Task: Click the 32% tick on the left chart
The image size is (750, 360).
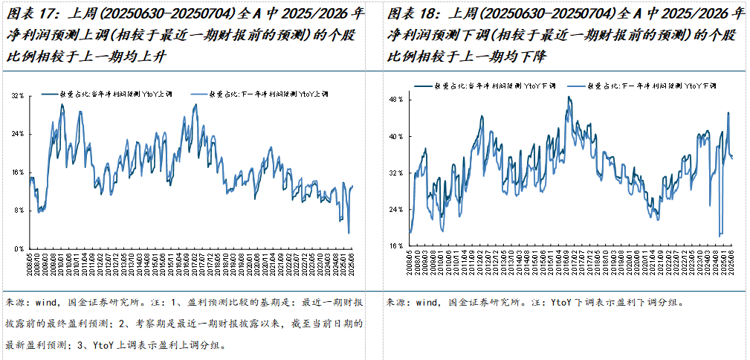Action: (x=19, y=96)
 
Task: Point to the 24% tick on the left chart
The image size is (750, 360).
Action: (x=19, y=134)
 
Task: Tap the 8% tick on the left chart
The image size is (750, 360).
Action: (x=20, y=210)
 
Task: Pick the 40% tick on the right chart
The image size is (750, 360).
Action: (x=395, y=136)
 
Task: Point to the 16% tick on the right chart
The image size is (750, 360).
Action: (x=395, y=245)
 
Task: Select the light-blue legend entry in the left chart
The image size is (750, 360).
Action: (x=268, y=94)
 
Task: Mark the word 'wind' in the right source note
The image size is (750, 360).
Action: (x=427, y=303)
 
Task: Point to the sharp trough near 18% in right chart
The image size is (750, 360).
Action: (x=720, y=236)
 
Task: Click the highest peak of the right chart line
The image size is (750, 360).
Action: (x=569, y=97)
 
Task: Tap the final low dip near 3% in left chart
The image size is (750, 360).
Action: (x=349, y=233)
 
